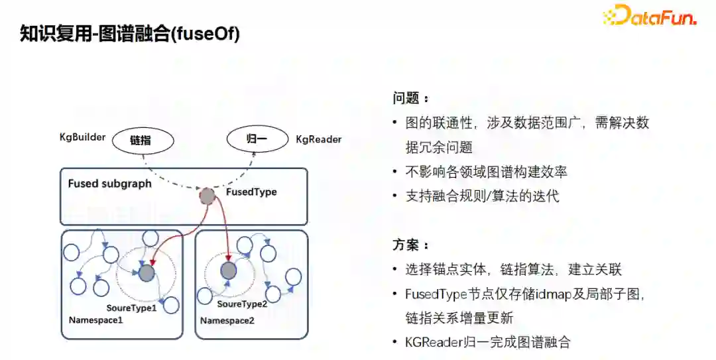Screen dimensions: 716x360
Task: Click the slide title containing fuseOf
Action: pyautogui.click(x=130, y=34)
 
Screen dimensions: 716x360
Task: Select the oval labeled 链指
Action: pyautogui.click(x=142, y=141)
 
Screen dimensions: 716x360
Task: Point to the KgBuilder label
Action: pyautogui.click(x=82, y=137)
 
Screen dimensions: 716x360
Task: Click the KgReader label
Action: pyautogui.click(x=318, y=140)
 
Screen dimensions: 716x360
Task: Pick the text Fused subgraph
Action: pyautogui.click(x=109, y=184)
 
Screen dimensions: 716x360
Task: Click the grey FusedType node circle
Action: pyautogui.click(x=208, y=196)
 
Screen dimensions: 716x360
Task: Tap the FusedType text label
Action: pyautogui.click(x=251, y=192)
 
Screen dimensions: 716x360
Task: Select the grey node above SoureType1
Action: pyautogui.click(x=146, y=272)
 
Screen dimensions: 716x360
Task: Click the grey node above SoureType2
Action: pyautogui.click(x=228, y=270)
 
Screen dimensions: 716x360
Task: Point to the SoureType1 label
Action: pyautogui.click(x=131, y=308)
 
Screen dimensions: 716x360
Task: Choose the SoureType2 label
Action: pyautogui.click(x=242, y=304)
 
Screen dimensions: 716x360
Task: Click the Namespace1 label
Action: pyautogui.click(x=96, y=320)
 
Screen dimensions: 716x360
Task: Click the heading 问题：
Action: pyautogui.click(x=410, y=98)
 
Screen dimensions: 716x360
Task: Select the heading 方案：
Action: pyautogui.click(x=410, y=246)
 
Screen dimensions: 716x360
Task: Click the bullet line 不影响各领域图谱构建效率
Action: pyautogui.click(x=486, y=172)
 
